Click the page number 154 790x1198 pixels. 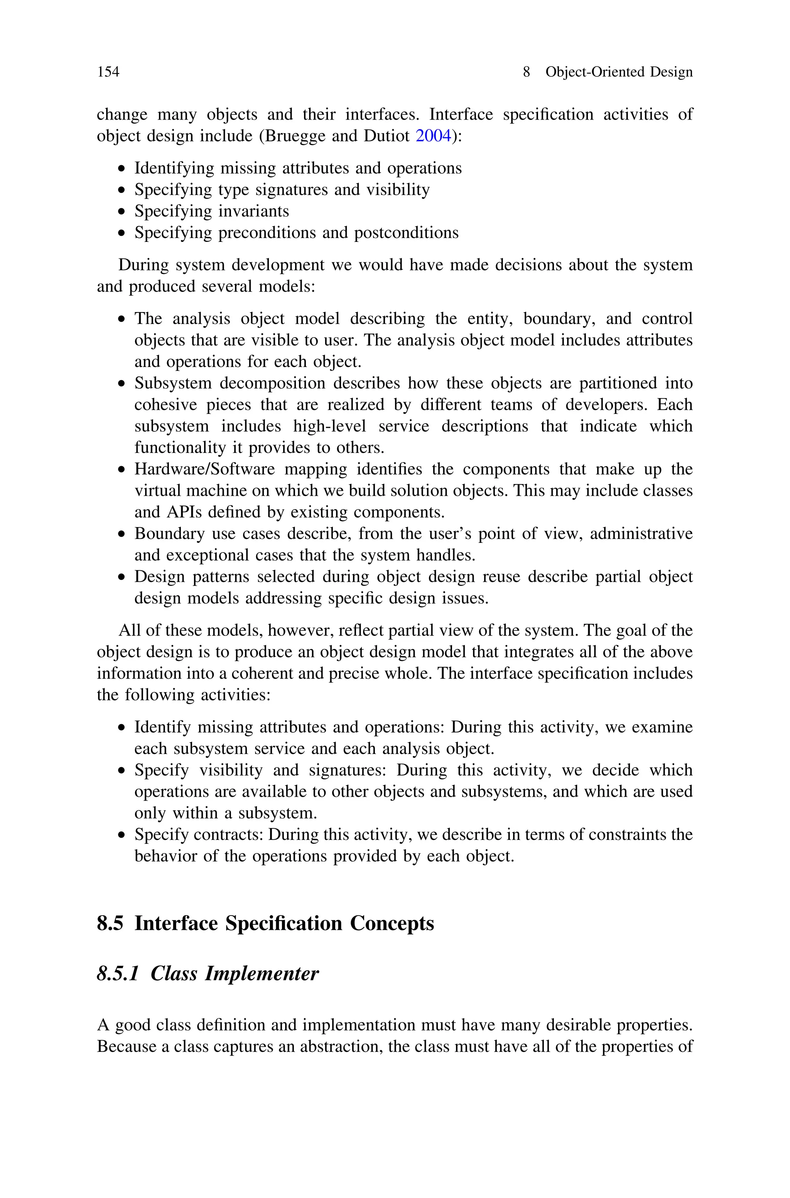[x=108, y=72]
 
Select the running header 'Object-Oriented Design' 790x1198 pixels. [x=619, y=72]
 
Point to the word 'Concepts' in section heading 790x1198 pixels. [x=392, y=923]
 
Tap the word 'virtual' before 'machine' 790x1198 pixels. [x=155, y=491]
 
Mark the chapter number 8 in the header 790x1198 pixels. [x=526, y=72]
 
